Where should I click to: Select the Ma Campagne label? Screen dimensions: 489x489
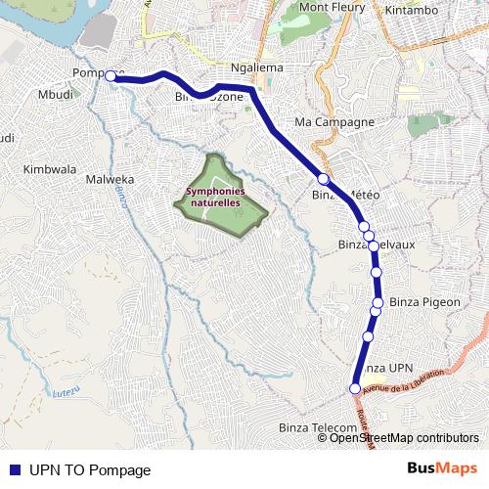pos(334,122)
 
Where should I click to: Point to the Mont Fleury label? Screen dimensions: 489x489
pos(330,7)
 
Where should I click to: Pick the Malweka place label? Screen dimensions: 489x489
pos(110,180)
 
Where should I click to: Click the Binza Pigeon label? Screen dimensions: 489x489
pos(424,302)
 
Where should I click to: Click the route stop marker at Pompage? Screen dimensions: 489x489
pos(111,75)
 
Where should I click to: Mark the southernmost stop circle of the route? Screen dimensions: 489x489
pos(355,388)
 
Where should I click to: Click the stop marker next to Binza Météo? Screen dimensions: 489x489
pos(323,178)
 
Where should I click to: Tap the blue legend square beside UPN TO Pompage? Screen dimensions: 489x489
pos(15,469)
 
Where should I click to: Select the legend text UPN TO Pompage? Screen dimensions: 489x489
pos(90,469)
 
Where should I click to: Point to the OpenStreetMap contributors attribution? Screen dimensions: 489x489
pos(404,438)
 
